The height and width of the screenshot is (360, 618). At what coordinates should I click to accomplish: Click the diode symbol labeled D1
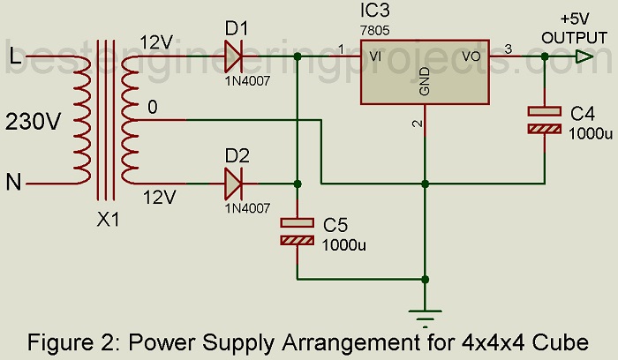click(x=234, y=58)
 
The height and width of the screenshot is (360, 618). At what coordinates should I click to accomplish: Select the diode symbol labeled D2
click(x=234, y=184)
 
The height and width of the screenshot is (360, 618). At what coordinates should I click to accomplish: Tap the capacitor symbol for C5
click(x=298, y=231)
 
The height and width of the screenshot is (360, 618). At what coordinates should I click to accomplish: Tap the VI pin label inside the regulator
click(x=376, y=57)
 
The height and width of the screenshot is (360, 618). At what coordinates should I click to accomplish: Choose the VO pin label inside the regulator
click(x=471, y=57)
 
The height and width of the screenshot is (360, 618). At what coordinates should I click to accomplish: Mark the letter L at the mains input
click(x=15, y=57)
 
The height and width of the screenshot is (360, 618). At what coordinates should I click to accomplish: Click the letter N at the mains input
click(x=15, y=183)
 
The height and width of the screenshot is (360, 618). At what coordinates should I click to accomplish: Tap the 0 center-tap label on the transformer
click(x=153, y=108)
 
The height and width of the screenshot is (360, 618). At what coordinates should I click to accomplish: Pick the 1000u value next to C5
click(x=344, y=245)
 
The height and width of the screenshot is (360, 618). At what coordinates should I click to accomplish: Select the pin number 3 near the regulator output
click(x=508, y=49)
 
